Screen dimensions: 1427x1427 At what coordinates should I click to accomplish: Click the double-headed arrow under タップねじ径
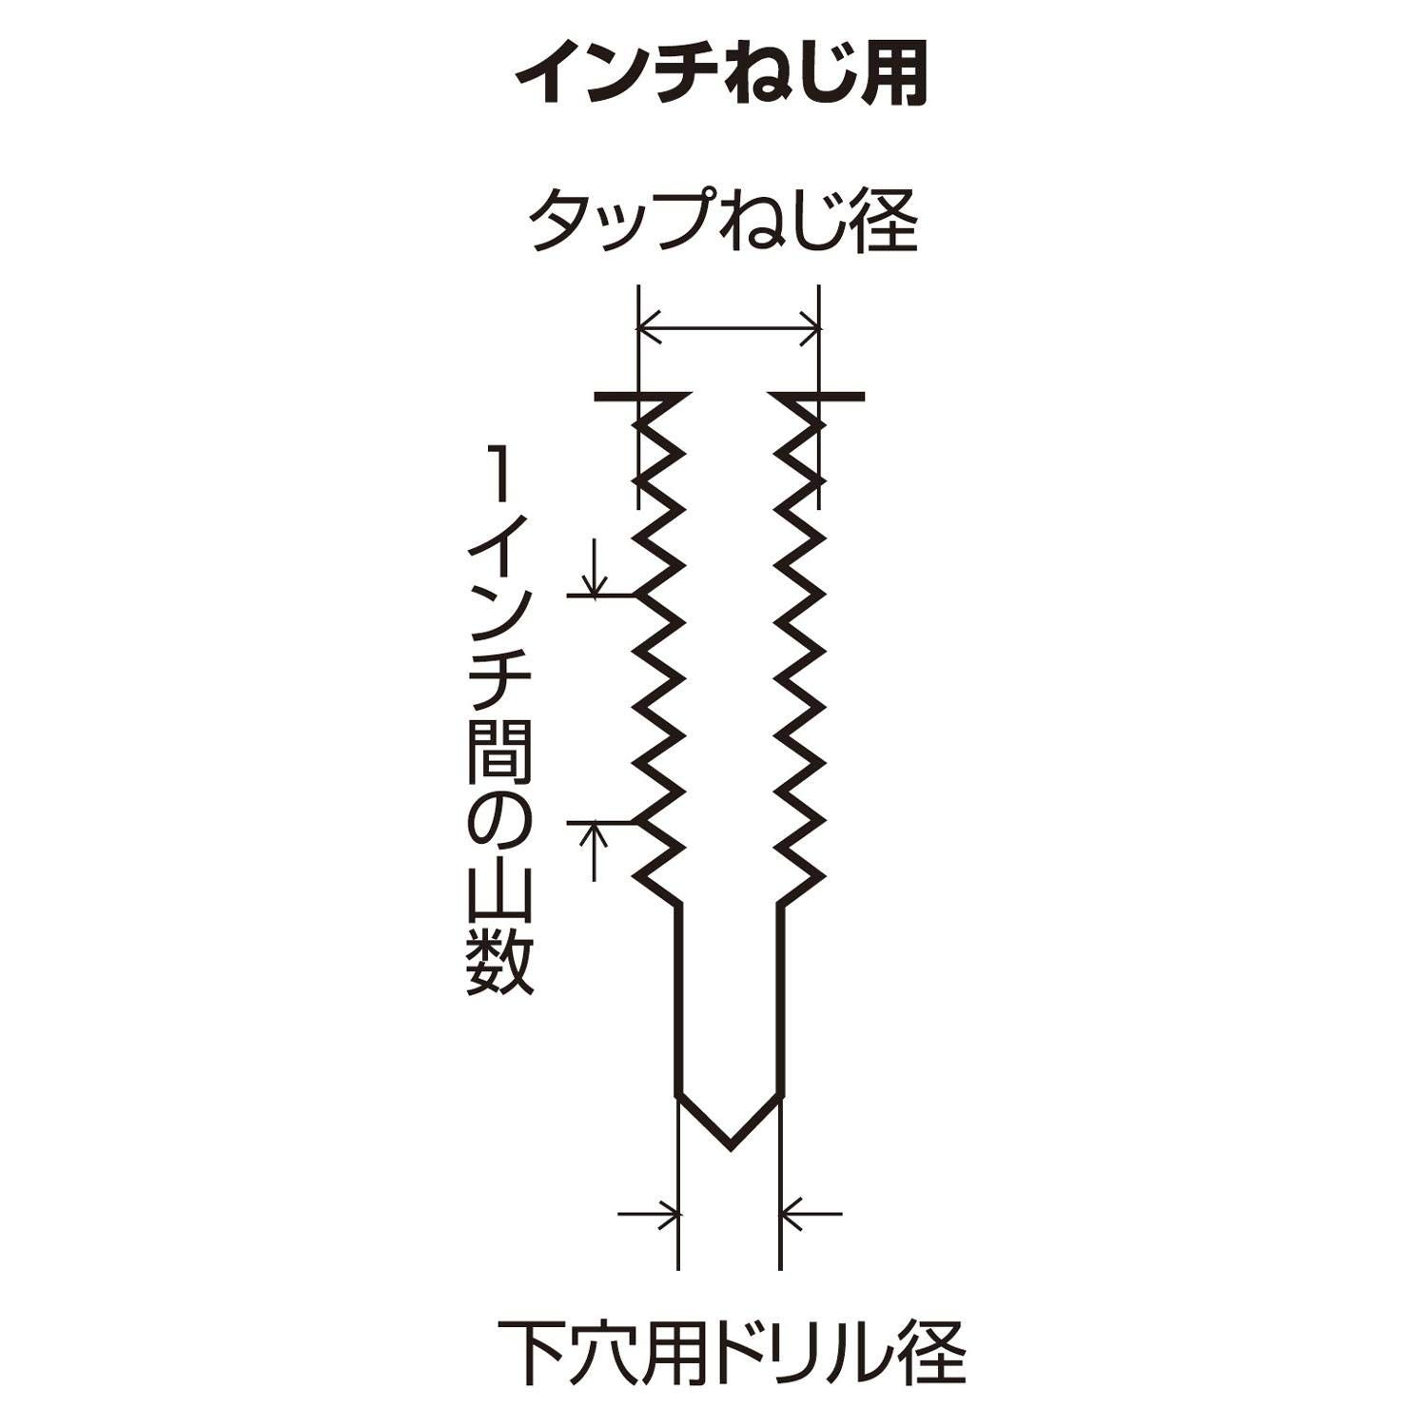coord(729,329)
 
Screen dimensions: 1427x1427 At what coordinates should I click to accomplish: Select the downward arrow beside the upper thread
coord(595,568)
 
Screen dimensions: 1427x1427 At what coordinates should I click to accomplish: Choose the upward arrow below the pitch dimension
coord(595,851)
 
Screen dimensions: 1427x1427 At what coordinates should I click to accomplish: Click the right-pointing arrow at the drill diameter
coord(650,1214)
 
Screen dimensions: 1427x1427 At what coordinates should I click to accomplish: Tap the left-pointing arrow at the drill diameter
coord(811,1214)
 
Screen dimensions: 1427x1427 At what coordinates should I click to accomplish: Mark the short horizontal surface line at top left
coord(643,395)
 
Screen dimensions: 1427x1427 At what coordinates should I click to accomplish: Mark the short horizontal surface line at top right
coord(816,395)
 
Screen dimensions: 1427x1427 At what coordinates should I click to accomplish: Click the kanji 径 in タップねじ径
coord(887,221)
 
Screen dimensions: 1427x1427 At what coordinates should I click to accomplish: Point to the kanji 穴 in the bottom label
coord(596,1352)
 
